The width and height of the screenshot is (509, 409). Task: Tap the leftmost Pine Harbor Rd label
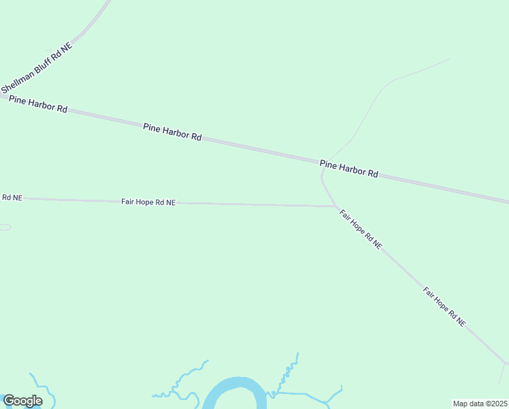click(38, 104)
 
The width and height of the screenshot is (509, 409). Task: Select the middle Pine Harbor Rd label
click(172, 132)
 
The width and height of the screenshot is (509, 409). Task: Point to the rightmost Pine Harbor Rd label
click(348, 168)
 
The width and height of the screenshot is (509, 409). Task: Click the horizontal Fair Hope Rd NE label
click(148, 202)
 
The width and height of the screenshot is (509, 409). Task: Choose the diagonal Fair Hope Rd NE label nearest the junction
click(361, 229)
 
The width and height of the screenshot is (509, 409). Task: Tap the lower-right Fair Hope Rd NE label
click(444, 306)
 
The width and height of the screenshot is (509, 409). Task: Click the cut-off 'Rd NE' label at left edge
click(12, 198)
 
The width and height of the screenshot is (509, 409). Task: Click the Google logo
click(22, 401)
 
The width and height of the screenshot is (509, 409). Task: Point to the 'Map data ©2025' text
click(480, 404)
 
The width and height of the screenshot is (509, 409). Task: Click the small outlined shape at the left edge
click(5, 227)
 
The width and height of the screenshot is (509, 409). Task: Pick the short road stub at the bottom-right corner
click(503, 374)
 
